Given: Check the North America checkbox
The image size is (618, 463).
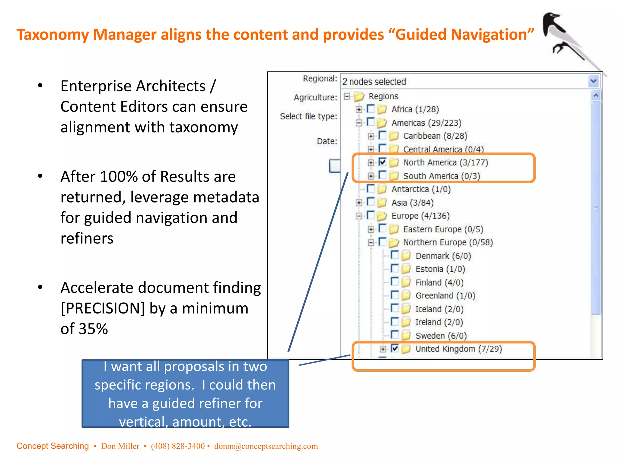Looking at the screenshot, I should (383, 162).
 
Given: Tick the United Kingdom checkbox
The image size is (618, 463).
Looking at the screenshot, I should (395, 348).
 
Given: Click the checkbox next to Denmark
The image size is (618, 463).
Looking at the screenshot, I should (395, 255).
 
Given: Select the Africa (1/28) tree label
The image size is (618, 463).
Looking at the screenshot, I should (415, 109).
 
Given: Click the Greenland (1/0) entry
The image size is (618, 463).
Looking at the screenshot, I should (445, 296).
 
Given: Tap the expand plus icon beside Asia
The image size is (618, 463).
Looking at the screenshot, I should (359, 203).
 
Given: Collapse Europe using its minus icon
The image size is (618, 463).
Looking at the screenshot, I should (359, 216).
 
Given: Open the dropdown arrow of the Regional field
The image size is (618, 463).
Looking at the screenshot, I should (594, 81).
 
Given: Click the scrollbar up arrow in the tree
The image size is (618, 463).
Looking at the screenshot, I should (596, 96).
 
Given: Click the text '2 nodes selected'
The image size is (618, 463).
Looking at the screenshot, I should (374, 82).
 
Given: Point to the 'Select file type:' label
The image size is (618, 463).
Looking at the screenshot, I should (308, 116).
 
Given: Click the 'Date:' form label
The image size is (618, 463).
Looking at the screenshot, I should (327, 141).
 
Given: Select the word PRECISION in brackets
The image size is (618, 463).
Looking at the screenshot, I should (103, 308).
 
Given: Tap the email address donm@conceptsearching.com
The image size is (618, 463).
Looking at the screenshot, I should (266, 446).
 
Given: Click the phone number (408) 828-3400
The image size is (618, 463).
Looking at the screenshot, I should (178, 446).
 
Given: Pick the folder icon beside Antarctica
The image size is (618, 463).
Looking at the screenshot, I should (382, 189).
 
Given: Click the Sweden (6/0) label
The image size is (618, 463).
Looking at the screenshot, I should (441, 335).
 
